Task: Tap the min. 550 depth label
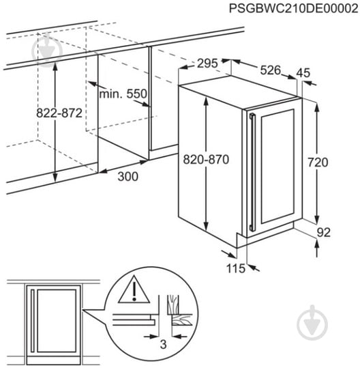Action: click(x=123, y=93)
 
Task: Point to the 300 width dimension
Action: click(x=127, y=177)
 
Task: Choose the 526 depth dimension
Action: click(x=270, y=69)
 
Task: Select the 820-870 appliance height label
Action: click(x=205, y=160)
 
